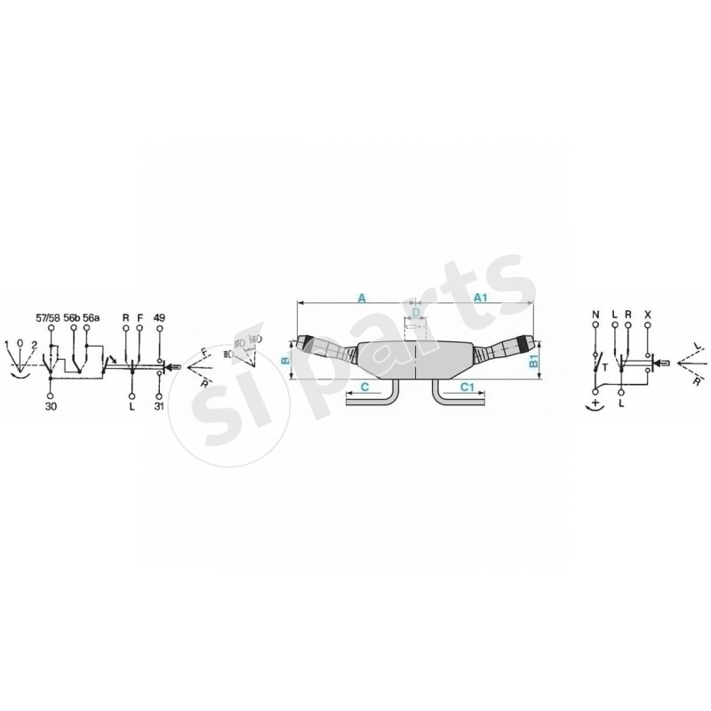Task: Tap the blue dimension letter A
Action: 362,298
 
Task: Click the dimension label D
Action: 415,314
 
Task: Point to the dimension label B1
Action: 533,361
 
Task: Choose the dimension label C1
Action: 467,387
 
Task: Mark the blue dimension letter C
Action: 363,387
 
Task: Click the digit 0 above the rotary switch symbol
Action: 21,341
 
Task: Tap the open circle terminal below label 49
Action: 160,332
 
